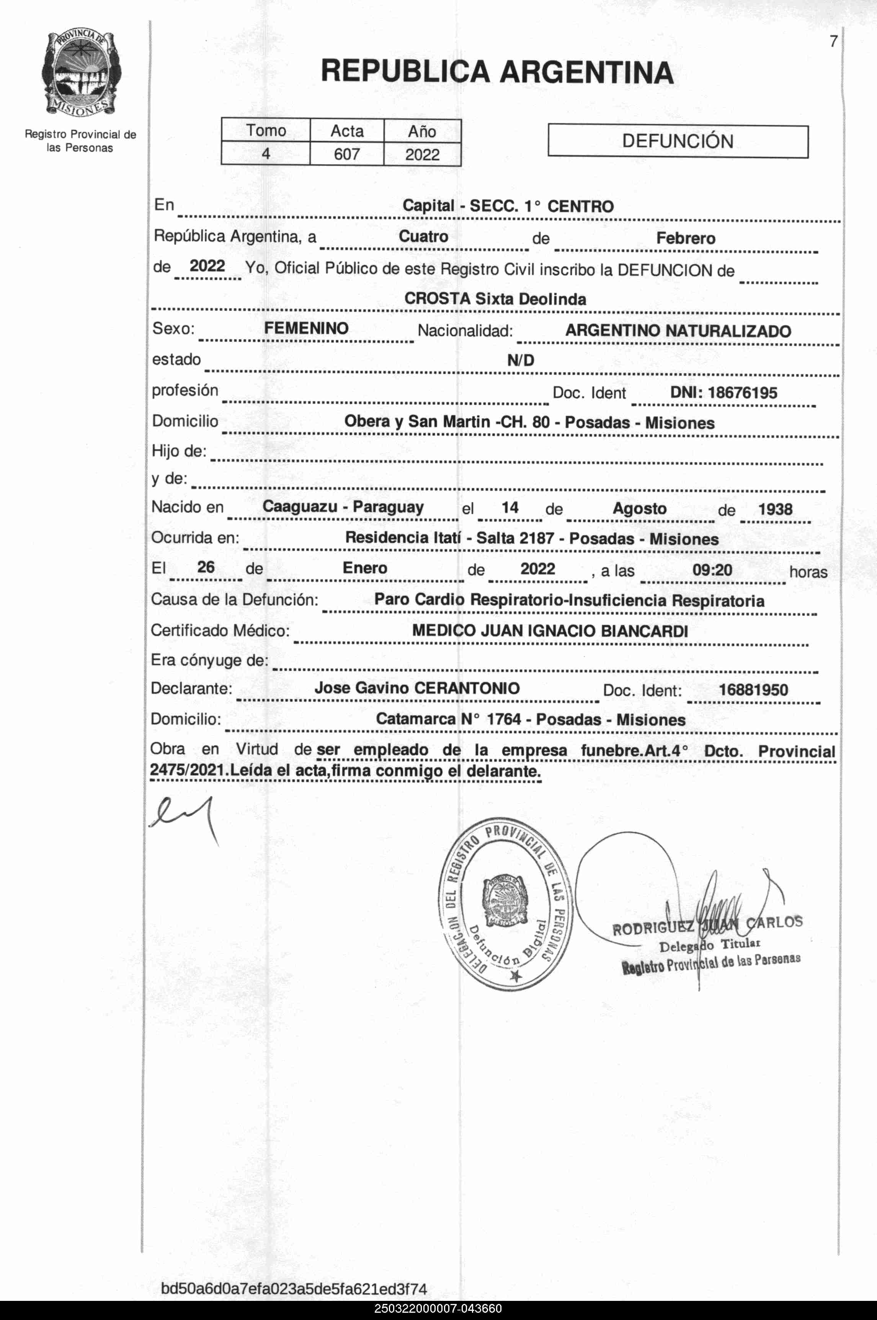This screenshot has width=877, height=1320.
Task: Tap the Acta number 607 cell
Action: click(x=347, y=154)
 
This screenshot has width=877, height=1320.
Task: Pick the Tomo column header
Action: click(x=266, y=131)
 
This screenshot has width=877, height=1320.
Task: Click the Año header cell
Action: click(x=422, y=131)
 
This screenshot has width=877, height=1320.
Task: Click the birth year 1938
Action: click(x=775, y=509)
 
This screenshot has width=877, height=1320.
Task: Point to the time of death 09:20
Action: click(x=712, y=570)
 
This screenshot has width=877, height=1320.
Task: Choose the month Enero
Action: click(x=365, y=568)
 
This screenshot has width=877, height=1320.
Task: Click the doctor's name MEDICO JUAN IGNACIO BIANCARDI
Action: click(x=550, y=631)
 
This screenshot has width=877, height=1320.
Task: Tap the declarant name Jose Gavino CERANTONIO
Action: click(x=417, y=688)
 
